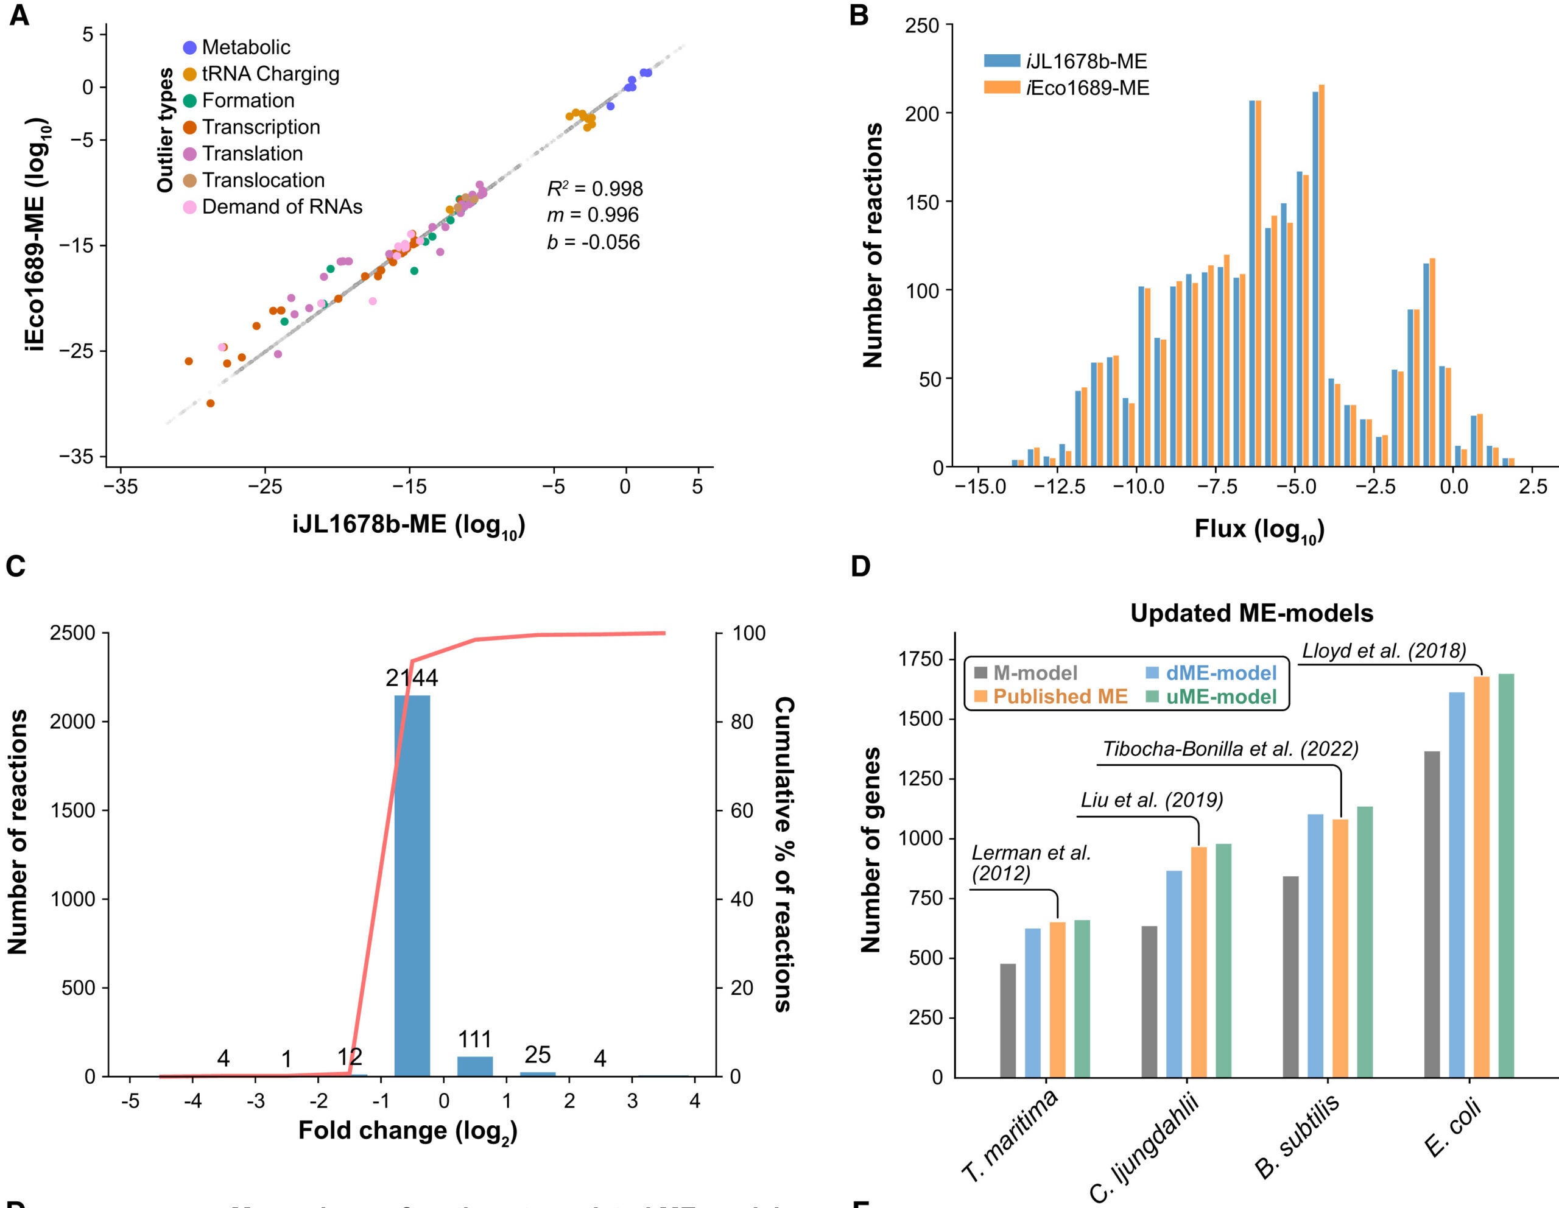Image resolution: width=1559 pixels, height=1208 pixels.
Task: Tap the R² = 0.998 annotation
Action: pos(594,188)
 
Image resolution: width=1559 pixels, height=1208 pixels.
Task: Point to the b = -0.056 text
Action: pos(593,242)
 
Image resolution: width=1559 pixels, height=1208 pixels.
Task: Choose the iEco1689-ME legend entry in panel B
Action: pos(1087,88)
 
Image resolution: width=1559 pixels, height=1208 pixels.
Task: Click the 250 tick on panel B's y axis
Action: pos(920,26)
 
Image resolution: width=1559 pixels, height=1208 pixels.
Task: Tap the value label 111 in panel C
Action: pos(474,1039)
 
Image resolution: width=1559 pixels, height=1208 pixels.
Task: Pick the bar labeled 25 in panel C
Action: pos(538,1073)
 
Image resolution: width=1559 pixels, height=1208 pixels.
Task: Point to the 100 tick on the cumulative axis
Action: pos(748,633)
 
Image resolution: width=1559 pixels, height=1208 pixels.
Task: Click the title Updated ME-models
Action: pos(1251,613)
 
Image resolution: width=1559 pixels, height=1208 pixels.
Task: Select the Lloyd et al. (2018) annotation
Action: pos(1384,651)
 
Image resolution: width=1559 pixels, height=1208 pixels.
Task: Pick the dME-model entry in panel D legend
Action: pos(1220,673)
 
